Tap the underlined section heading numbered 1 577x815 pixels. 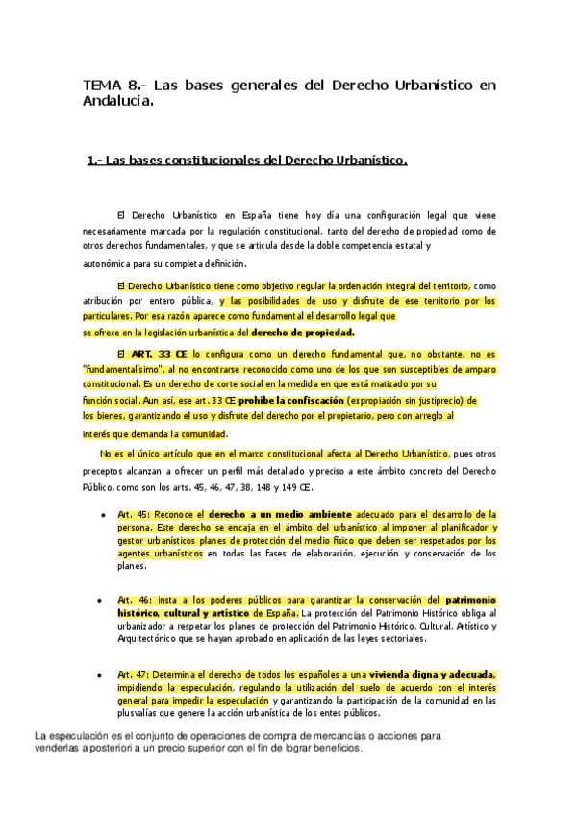click(x=247, y=161)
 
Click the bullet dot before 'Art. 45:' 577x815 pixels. click(x=103, y=516)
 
